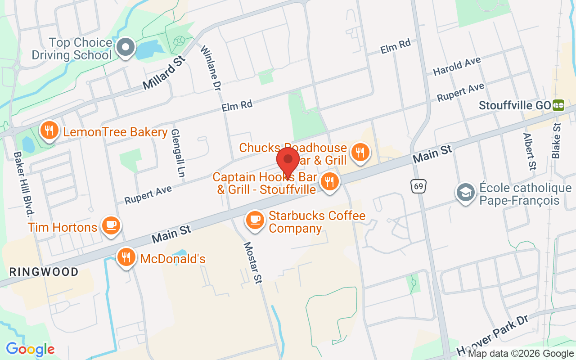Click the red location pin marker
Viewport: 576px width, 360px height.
click(x=288, y=160)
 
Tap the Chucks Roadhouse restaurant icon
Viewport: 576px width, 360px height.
click(x=360, y=152)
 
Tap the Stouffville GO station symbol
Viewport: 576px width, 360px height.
click(x=559, y=105)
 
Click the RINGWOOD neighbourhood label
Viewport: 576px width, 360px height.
click(x=44, y=272)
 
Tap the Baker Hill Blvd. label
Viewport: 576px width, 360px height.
click(x=24, y=184)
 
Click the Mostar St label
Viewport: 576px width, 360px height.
click(x=252, y=263)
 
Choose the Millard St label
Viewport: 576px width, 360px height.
click(x=164, y=72)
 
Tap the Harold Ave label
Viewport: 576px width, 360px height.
click(x=457, y=66)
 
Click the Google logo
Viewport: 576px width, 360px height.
click(x=30, y=349)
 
